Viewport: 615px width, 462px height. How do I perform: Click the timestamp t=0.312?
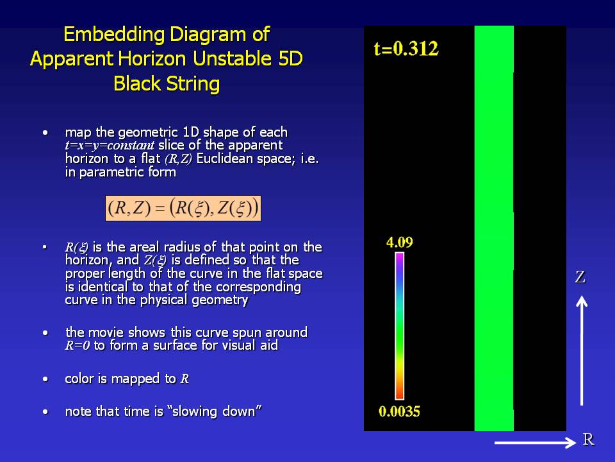406,49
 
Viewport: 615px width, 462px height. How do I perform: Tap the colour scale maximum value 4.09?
399,242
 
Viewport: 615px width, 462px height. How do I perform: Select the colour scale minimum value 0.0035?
399,411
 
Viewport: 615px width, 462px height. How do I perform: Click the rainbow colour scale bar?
399,326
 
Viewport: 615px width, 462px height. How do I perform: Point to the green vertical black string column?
494,228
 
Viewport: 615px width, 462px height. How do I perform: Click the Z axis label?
580,277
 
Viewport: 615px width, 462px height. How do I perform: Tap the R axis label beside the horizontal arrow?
588,439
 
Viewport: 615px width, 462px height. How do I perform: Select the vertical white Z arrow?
582,351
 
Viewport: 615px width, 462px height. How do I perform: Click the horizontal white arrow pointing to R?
535,443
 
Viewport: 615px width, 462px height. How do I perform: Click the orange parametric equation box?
183,208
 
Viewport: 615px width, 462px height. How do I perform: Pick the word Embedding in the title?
114,35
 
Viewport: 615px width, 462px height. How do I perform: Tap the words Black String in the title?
167,83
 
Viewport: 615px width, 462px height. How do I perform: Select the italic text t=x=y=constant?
110,146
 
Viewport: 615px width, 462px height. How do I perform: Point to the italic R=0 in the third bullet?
78,346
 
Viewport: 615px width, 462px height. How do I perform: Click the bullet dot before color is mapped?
45,379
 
